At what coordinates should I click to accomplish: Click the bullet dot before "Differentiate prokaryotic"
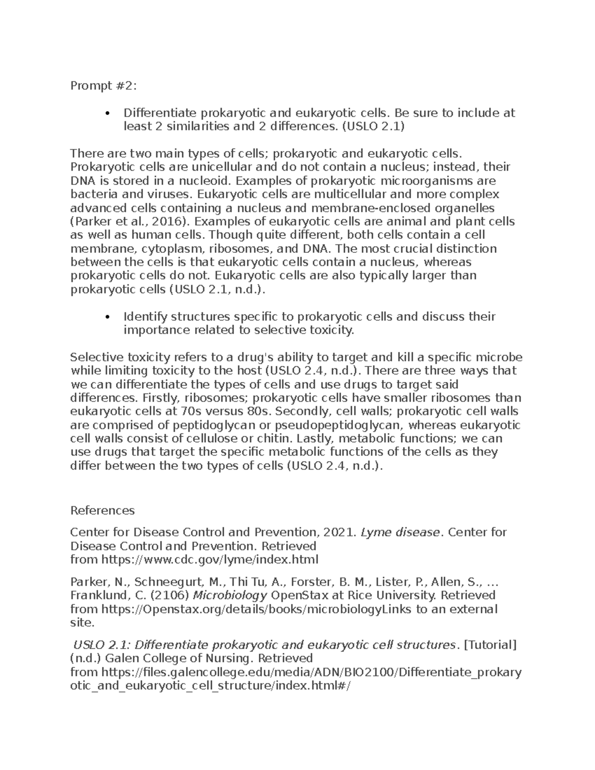point(108,114)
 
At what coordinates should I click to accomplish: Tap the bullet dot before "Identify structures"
point(108,317)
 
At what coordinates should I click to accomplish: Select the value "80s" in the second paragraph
point(258,412)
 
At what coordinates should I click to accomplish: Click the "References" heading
point(102,511)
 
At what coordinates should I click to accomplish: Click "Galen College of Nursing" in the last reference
point(179,658)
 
